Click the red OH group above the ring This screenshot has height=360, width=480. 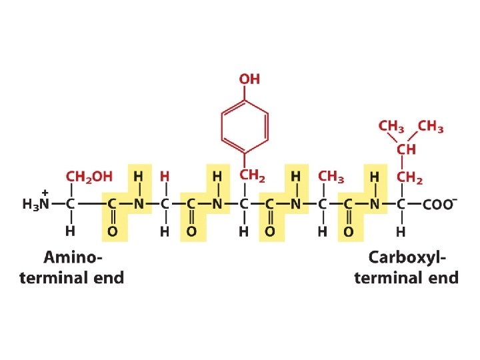(x=249, y=79)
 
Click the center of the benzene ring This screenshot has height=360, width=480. (x=245, y=124)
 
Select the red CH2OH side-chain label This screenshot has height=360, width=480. (x=89, y=177)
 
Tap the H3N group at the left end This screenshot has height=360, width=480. (x=37, y=205)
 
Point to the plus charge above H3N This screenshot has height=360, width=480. (x=45, y=191)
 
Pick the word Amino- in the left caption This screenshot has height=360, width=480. (x=74, y=257)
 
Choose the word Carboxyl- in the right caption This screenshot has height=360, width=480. (x=408, y=257)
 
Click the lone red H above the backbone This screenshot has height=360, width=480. (x=165, y=177)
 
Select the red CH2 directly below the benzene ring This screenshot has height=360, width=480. (x=253, y=176)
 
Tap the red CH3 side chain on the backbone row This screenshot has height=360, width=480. (x=331, y=177)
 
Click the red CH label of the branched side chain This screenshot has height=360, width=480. (x=407, y=149)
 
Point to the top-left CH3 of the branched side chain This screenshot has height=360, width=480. (x=391, y=126)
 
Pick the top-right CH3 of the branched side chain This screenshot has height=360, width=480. (x=431, y=126)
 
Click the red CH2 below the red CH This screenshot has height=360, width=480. (x=410, y=177)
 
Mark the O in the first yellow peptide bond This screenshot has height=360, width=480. (x=113, y=231)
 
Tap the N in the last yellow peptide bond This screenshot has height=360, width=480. (x=375, y=205)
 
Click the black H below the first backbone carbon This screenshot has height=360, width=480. (x=69, y=231)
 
